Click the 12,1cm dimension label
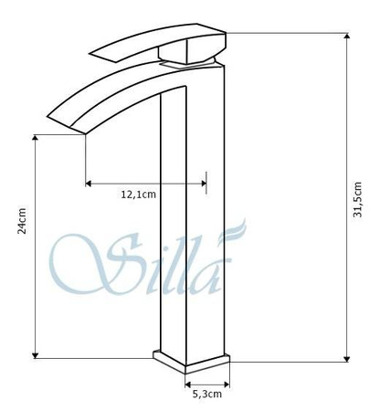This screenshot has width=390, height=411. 139,195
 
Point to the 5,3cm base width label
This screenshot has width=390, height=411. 206,395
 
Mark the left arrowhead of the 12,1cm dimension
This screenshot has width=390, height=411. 89,184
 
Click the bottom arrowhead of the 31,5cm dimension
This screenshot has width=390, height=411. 346,357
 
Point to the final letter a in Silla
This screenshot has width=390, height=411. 211,275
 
